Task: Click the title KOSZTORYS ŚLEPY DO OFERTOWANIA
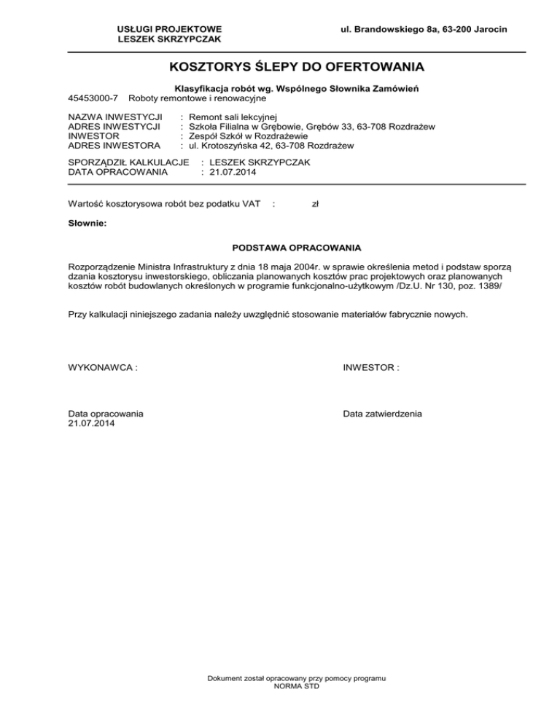click(295, 69)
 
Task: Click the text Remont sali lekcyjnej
click(233, 117)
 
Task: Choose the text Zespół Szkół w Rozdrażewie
click(248, 136)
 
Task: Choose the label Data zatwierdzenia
click(382, 414)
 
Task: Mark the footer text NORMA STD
click(295, 687)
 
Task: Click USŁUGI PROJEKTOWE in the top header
click(169, 28)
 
